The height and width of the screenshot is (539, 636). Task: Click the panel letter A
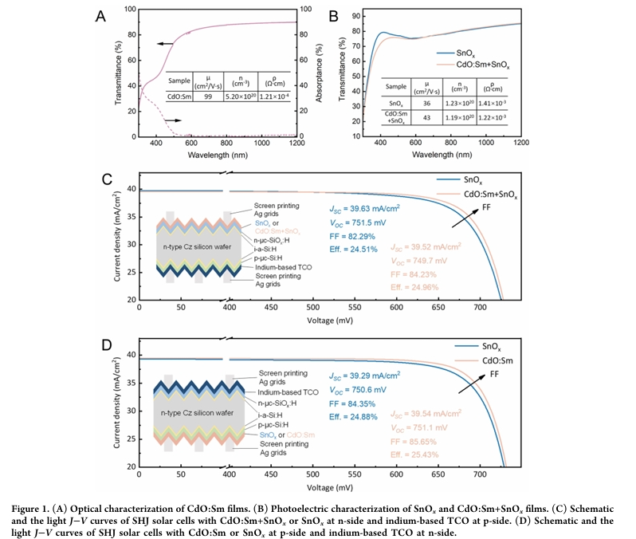(x=100, y=15)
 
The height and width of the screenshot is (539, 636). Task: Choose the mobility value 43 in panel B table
(x=428, y=116)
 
